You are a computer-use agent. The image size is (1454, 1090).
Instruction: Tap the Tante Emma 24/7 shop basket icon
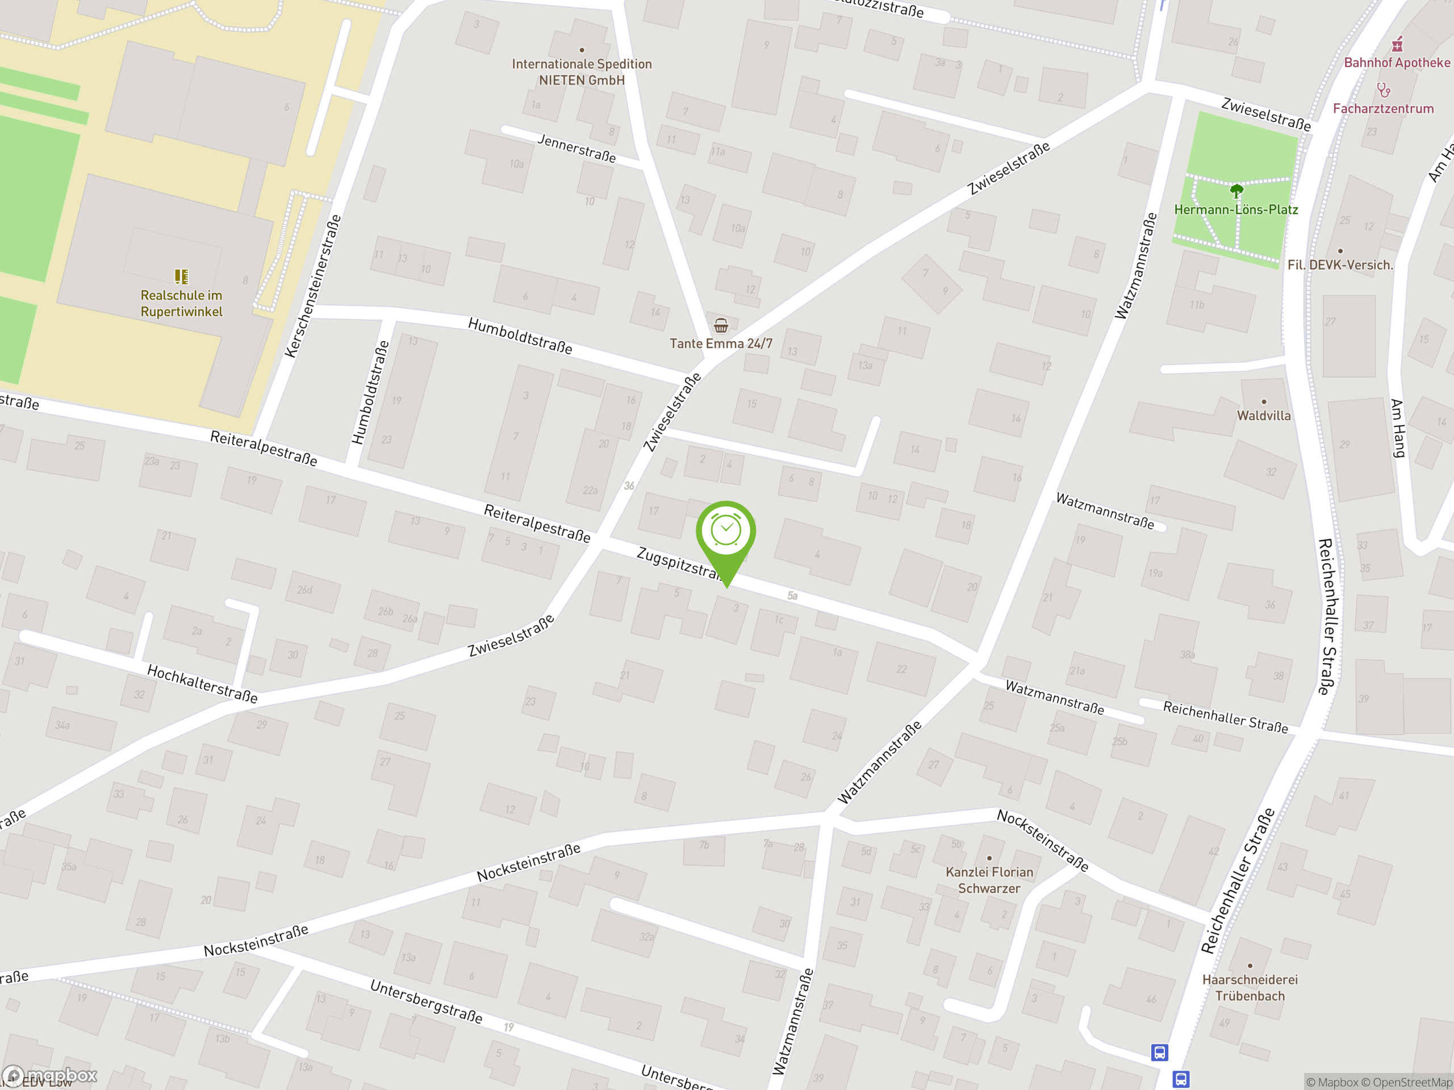coord(721,325)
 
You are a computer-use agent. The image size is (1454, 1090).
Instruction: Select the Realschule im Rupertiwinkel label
coord(181,304)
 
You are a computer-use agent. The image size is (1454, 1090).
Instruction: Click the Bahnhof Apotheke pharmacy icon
coord(1397,45)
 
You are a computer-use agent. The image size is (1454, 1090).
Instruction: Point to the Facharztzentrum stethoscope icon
coord(1383,89)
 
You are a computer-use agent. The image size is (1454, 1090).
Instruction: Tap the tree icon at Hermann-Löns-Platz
coord(1236,191)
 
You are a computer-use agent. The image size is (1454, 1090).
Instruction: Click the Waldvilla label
coord(1263,415)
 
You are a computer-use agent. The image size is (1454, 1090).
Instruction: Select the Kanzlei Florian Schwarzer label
coord(989,880)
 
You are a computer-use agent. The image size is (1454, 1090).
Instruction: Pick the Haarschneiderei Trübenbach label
coord(1250,987)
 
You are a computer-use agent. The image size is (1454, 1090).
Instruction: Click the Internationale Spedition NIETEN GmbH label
coord(582,72)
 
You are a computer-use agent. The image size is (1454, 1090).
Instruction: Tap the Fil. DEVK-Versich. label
coord(1340,265)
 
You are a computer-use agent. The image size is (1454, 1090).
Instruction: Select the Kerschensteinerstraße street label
coord(313,287)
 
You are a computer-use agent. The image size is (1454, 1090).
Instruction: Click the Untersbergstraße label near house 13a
coord(426,1001)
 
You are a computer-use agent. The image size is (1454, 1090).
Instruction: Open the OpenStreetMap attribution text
coord(1412,1082)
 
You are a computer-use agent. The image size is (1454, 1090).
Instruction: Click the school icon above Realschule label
coord(181,276)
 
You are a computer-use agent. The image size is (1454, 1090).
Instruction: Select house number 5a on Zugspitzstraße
coord(793,596)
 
